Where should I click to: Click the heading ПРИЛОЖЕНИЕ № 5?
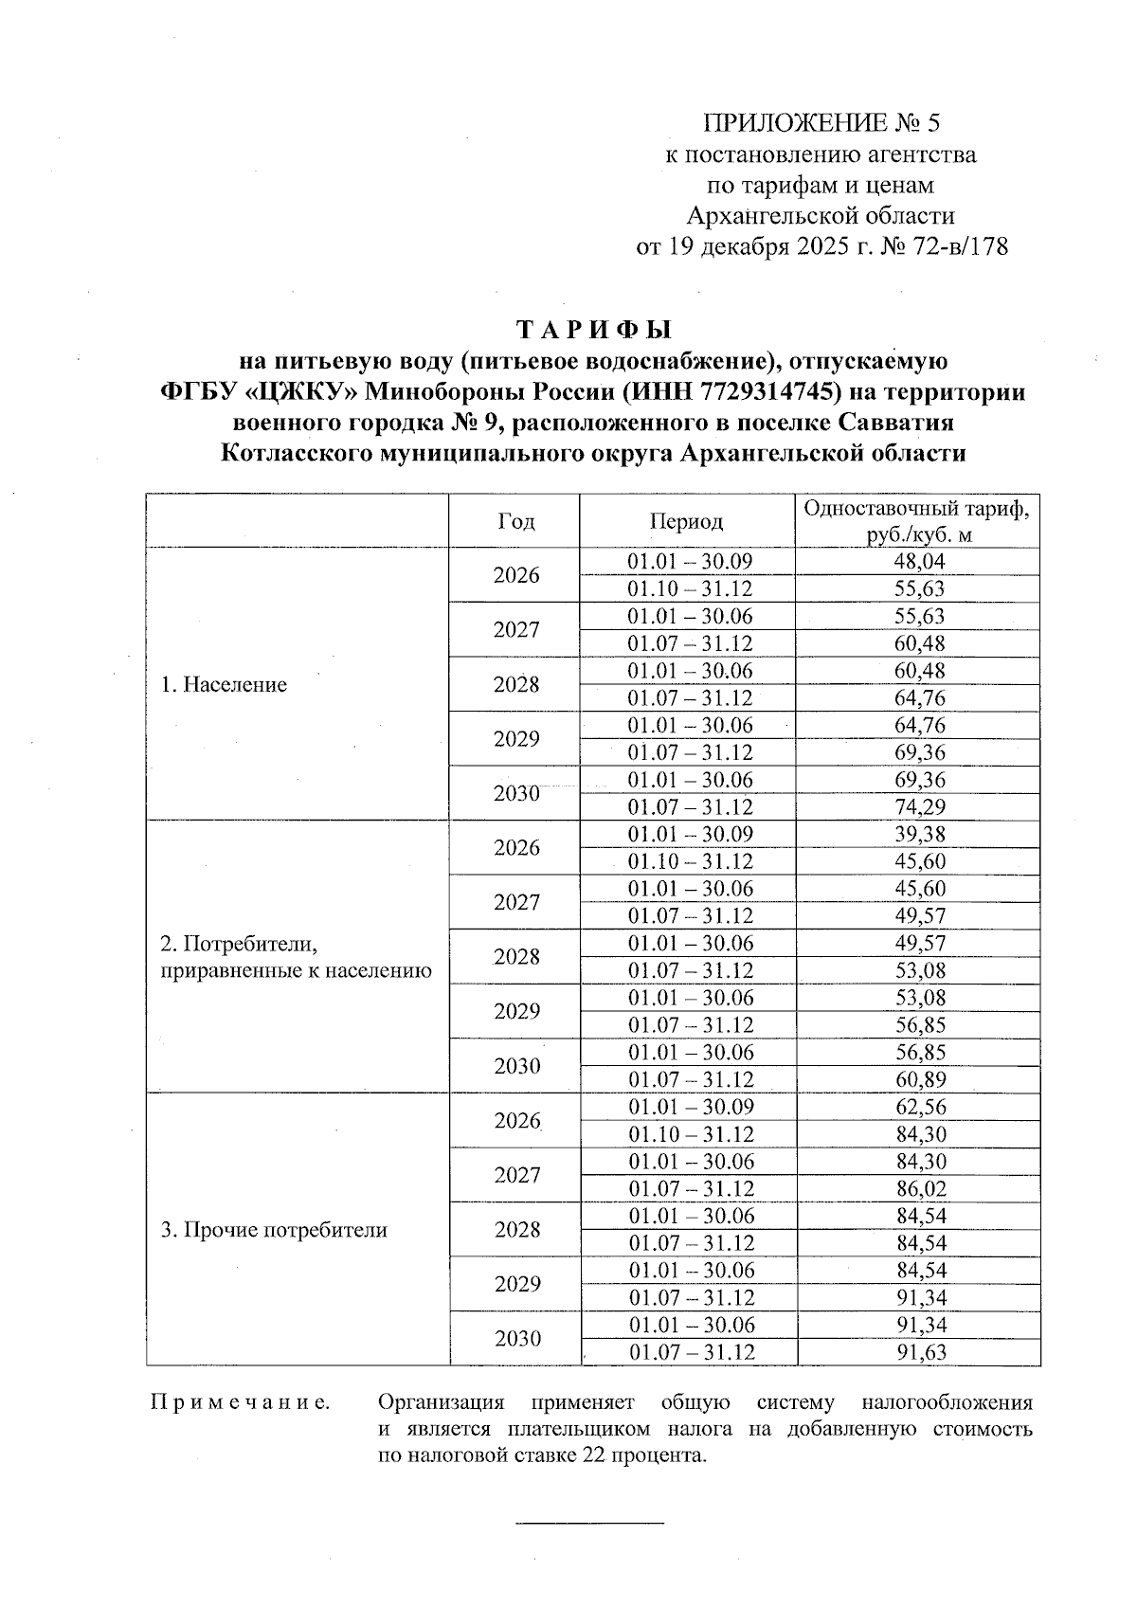pos(822,123)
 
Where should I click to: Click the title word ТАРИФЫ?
pos(593,330)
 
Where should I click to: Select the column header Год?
pos(515,521)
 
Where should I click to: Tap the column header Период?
pos(686,521)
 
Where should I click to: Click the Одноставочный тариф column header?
pos(917,521)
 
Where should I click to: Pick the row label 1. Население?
pos(224,685)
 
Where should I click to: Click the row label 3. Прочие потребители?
pos(274,1231)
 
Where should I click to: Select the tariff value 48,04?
pos(919,562)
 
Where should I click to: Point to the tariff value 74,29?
pos(919,807)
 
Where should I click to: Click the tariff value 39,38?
pos(919,835)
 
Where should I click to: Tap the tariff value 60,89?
pos(919,1080)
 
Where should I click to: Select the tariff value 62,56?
pos(919,1108)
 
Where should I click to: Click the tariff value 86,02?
pos(919,1189)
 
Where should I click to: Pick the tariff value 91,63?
pos(919,1353)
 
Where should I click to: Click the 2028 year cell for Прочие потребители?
pos(516,1230)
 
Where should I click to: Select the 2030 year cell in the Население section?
pos(516,794)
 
